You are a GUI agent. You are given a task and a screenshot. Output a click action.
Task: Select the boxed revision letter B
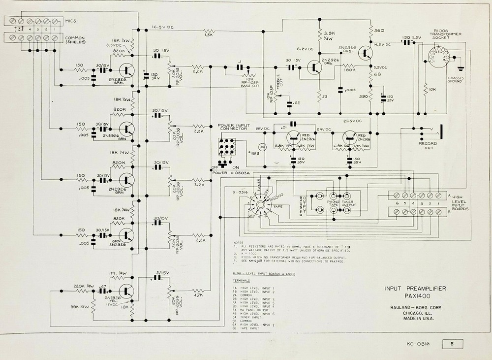(x=452, y=344)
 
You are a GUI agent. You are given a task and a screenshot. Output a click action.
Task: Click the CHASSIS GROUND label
(x=455, y=79)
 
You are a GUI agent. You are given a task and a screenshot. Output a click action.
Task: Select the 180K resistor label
(x=350, y=70)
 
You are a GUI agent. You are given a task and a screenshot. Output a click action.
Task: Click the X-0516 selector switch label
(x=239, y=193)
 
